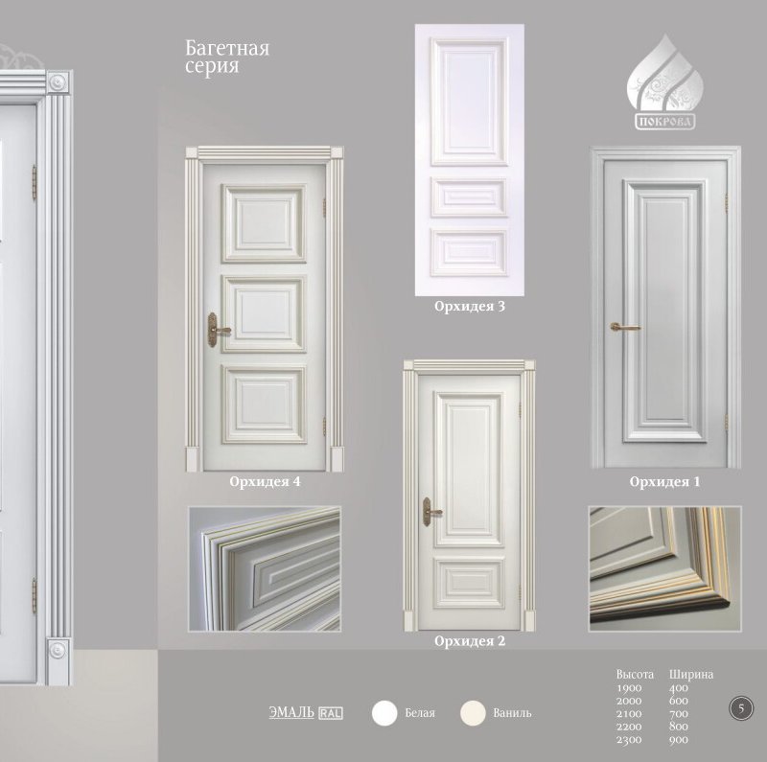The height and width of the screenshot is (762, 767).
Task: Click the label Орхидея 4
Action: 265,482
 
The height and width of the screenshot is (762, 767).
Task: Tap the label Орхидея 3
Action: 470,306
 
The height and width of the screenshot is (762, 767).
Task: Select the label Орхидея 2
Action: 470,640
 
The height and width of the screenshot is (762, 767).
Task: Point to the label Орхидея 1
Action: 664,482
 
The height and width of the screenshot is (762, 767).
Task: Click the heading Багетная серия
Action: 227,57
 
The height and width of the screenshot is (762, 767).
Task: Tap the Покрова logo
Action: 664,82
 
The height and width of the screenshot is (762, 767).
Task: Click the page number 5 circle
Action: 741,708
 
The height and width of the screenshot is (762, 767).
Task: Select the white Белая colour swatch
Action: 384,712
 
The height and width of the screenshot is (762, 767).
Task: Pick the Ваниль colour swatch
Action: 473,712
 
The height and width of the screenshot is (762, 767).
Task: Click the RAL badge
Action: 331,713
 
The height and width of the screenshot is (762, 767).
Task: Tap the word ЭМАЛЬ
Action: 291,712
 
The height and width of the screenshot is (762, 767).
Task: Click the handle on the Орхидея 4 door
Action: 217,330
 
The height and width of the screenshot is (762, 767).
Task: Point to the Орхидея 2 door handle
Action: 430,512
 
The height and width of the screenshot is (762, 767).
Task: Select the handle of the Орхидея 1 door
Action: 625,327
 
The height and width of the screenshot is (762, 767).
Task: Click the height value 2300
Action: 629,740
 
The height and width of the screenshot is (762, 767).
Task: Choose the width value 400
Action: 679,687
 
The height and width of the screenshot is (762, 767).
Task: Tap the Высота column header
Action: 635,675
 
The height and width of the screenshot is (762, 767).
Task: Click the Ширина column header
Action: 691,675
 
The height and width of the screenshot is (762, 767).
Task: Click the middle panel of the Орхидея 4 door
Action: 264,313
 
